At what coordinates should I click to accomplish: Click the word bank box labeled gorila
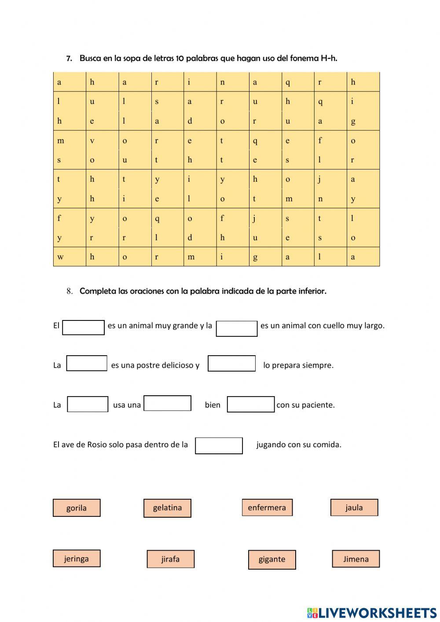[x=77, y=508]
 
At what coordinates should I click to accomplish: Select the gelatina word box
[x=167, y=508]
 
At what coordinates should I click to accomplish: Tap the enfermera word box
[x=267, y=507]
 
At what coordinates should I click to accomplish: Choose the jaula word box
[x=354, y=507]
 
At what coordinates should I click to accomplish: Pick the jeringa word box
[x=77, y=558]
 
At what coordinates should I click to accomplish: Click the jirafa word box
[x=170, y=559]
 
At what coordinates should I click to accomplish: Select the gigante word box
[x=272, y=559]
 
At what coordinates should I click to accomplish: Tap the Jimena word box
[x=356, y=559]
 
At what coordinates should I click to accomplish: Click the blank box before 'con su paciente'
[x=250, y=404]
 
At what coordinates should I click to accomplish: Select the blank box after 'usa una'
[x=167, y=403]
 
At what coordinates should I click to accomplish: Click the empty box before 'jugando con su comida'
[x=219, y=445]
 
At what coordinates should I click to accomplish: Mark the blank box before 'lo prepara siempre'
[x=231, y=364]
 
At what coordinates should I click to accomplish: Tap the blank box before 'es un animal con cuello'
[x=237, y=328]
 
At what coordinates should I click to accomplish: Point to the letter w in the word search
[x=60, y=257]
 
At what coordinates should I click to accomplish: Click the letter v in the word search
[x=92, y=141]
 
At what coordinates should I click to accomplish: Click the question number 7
[x=69, y=59]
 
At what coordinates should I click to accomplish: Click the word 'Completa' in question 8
[x=98, y=291]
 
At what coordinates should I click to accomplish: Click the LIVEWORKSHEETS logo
[x=371, y=612]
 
